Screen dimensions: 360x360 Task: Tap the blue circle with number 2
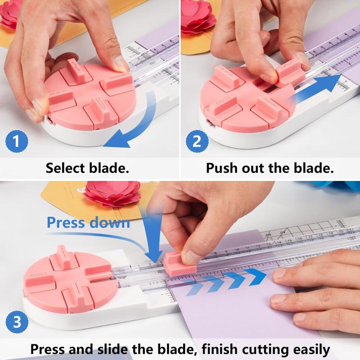click(197, 142)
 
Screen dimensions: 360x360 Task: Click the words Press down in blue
click(89, 222)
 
